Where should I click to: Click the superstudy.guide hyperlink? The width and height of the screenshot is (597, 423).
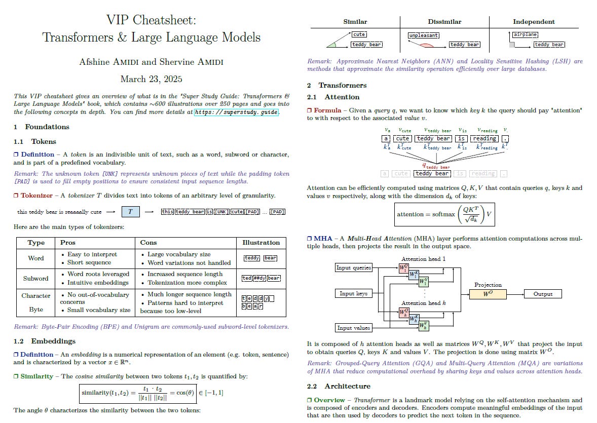pos(236,112)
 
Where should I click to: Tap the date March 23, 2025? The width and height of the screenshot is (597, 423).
pos(151,79)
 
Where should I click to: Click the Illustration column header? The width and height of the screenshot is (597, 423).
pos(261,243)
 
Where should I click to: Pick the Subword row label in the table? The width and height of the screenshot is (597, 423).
pos(36,278)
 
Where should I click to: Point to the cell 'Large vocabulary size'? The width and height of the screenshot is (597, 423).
pos(175,254)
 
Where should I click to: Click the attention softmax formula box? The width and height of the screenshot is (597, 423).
pos(444,214)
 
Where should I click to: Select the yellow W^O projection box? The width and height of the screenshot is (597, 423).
pos(488,294)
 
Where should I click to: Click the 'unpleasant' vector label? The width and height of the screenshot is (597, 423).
pos(424,36)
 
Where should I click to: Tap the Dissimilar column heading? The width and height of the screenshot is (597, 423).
pos(444,22)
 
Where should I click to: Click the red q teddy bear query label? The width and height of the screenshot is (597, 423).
pos(436,165)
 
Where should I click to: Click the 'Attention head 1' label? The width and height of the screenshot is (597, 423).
pos(424,259)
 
